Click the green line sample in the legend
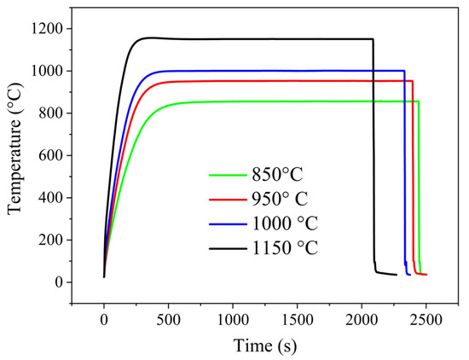[227, 176]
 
